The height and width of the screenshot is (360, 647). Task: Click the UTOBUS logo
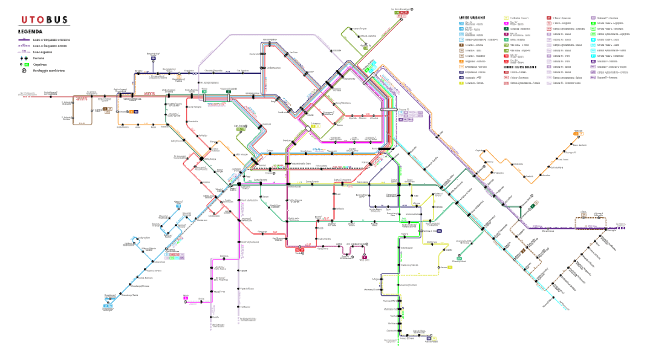[44, 19]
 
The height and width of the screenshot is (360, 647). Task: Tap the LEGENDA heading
[30, 31]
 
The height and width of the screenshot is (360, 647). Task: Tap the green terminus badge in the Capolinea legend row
[27, 64]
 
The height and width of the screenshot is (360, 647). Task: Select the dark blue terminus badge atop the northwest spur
[154, 59]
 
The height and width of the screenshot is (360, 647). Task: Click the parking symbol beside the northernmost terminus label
[412, 10]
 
